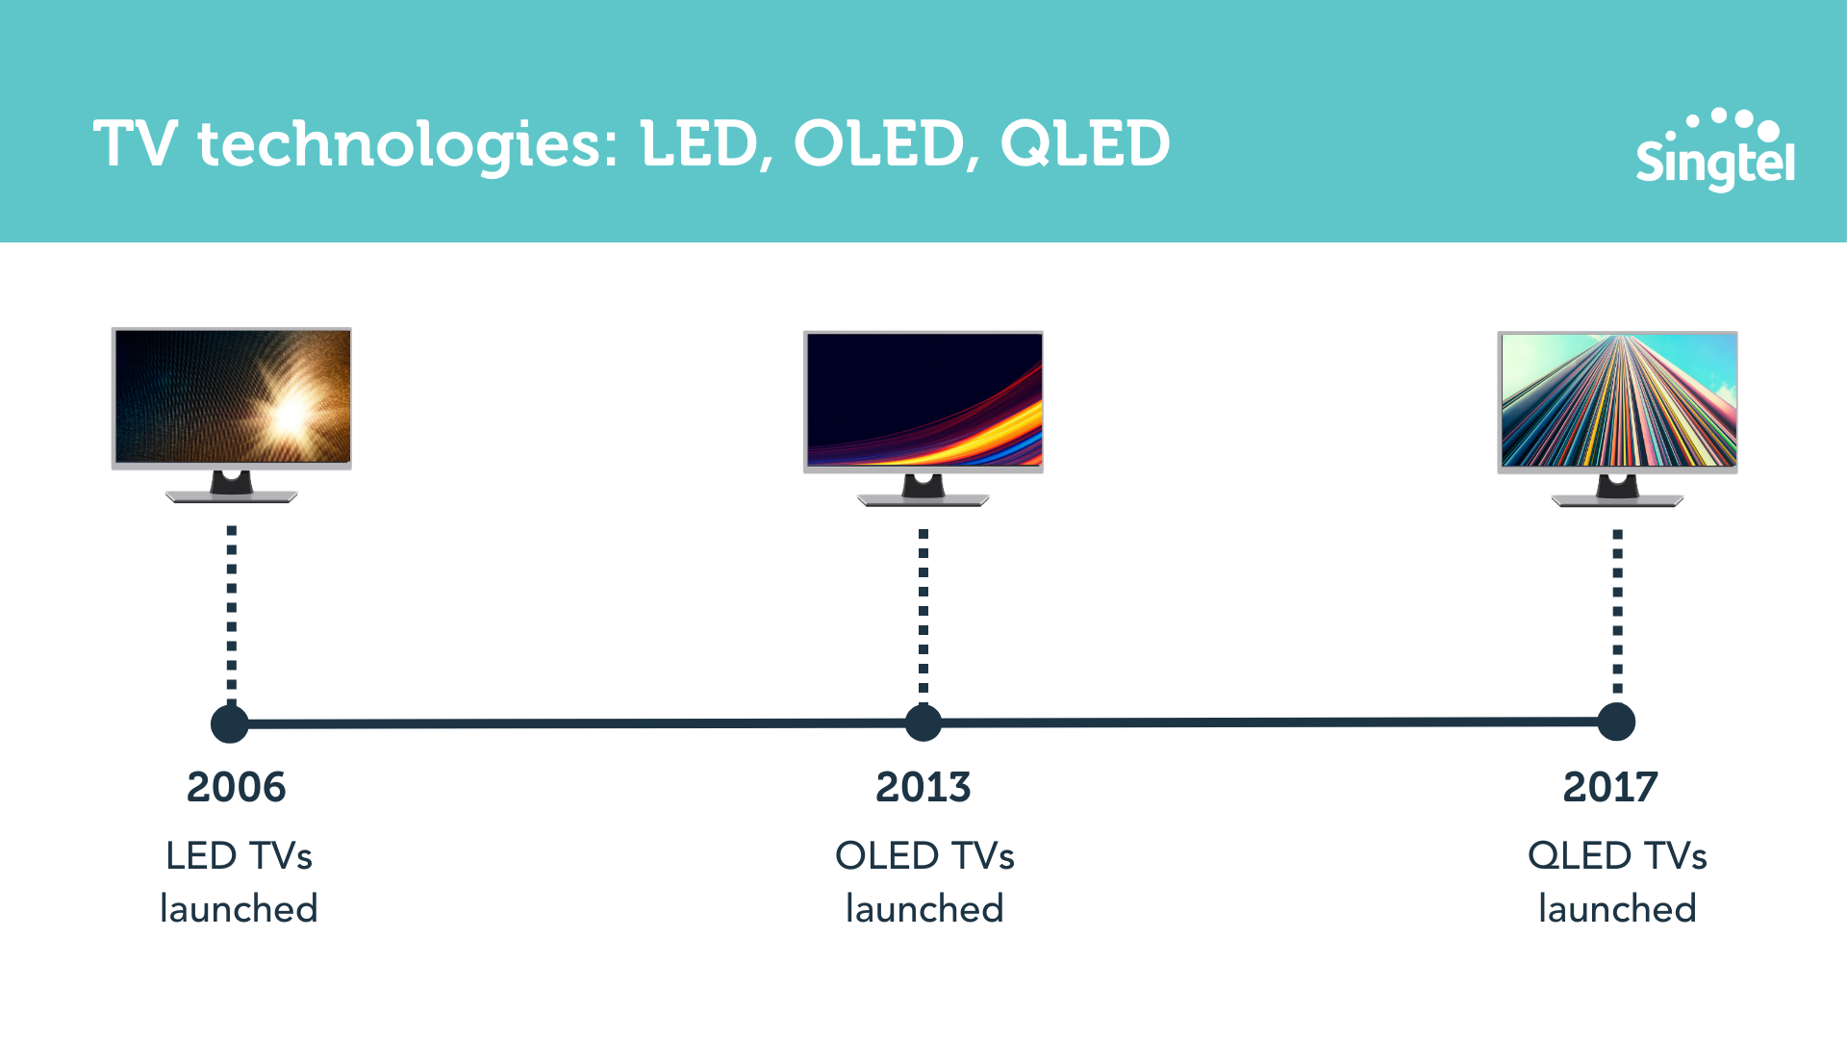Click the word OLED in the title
click(x=878, y=144)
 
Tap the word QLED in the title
click(x=1085, y=144)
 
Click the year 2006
click(x=237, y=787)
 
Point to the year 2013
click(x=923, y=787)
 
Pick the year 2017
click(x=1610, y=787)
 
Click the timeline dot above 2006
click(x=230, y=723)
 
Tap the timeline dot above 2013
click(x=923, y=722)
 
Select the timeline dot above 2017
click(x=1616, y=722)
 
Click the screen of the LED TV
click(x=232, y=396)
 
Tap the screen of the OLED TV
click(x=923, y=399)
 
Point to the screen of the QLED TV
click(x=1618, y=399)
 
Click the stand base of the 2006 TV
click(x=232, y=496)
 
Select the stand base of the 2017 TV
click(x=1618, y=500)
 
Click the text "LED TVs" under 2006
click(x=239, y=855)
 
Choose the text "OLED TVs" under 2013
click(x=924, y=855)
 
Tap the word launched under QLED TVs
click(x=1617, y=908)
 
